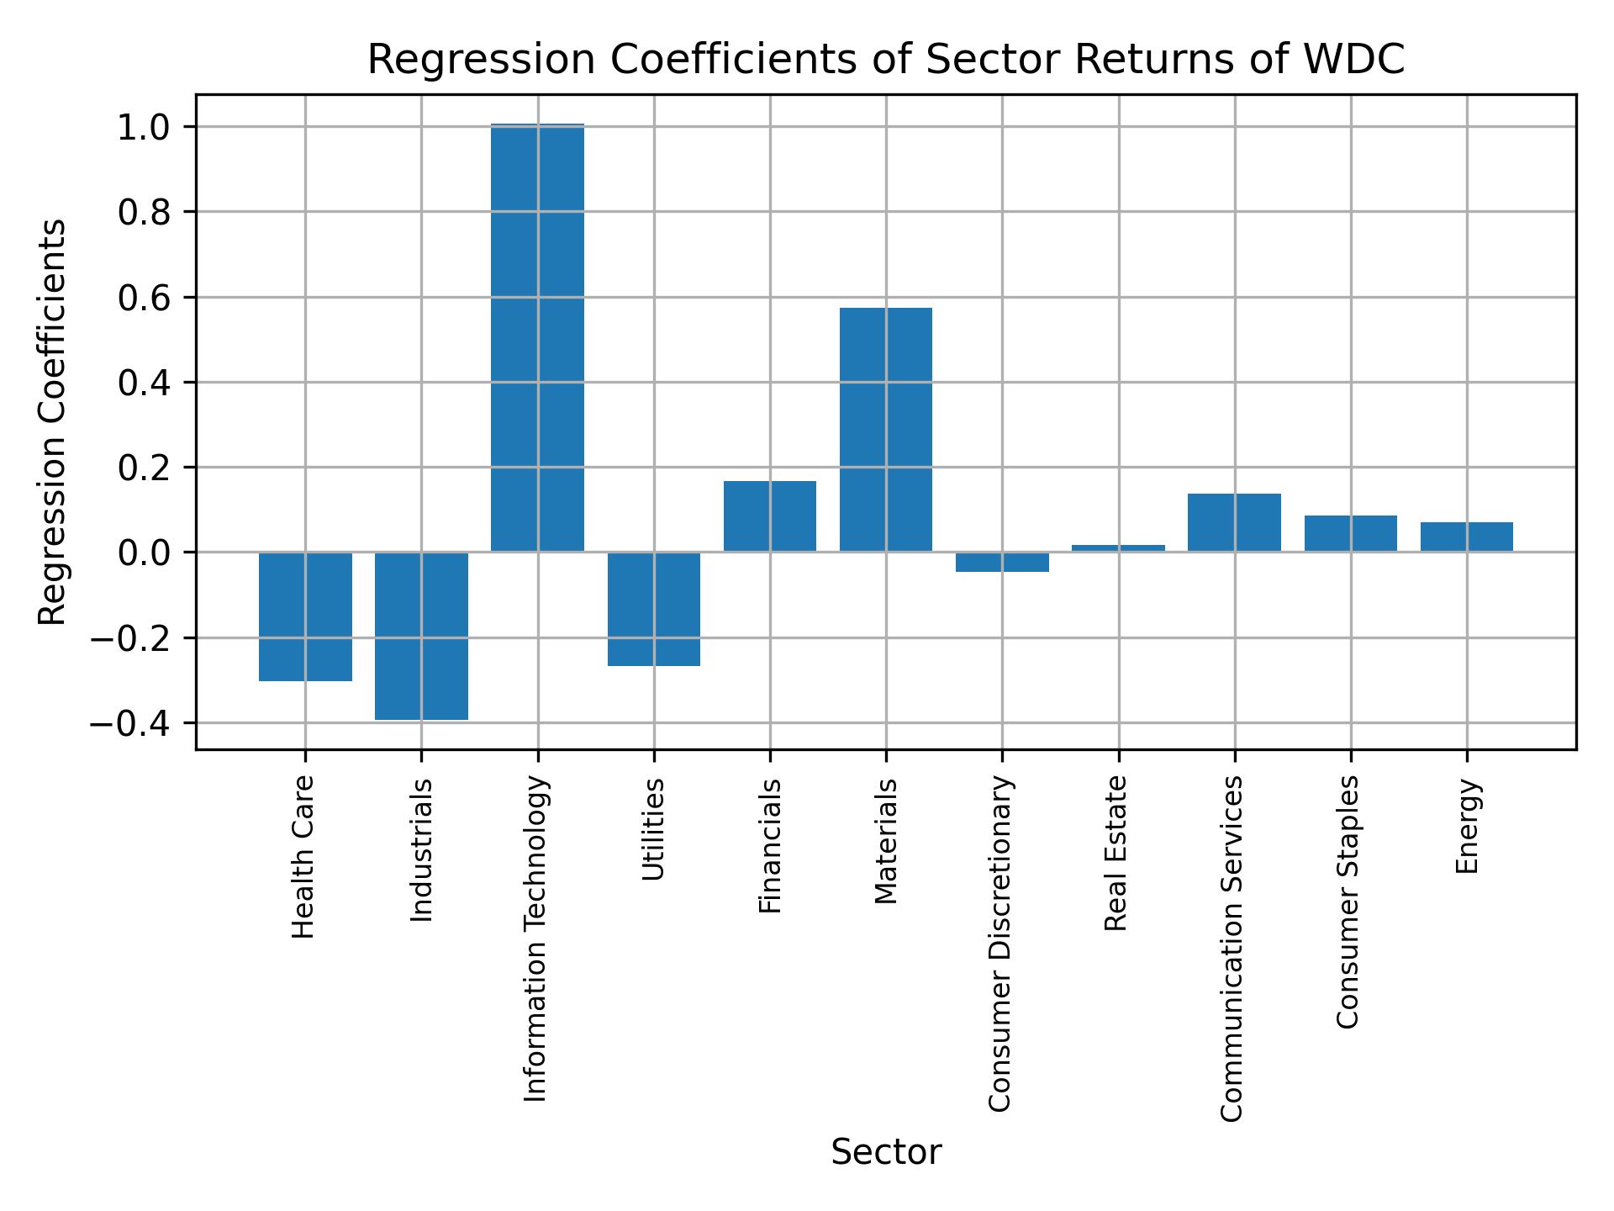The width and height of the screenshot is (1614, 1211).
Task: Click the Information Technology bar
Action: click(x=537, y=337)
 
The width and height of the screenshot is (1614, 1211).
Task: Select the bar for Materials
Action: click(x=885, y=429)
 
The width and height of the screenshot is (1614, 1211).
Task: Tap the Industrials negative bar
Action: click(x=421, y=636)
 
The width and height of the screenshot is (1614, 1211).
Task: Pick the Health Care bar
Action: click(x=305, y=616)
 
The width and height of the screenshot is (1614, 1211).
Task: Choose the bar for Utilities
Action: click(x=654, y=609)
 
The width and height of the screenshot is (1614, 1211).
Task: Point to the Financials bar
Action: click(x=769, y=516)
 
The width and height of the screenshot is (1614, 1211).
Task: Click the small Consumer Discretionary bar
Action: click(x=1002, y=562)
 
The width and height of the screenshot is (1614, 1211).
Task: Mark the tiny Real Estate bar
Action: click(x=1118, y=548)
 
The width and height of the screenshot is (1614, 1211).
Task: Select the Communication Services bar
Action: click(x=1234, y=522)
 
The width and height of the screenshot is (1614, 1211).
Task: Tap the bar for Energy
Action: click(x=1466, y=537)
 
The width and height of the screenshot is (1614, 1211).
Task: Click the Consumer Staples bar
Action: click(x=1350, y=533)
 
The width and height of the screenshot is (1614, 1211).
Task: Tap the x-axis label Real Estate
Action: click(x=1116, y=853)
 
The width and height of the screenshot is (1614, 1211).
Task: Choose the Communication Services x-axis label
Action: click(x=1232, y=948)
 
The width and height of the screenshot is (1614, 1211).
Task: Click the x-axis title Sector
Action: click(x=886, y=1152)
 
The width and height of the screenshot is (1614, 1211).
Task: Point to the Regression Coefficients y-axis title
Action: click(x=53, y=421)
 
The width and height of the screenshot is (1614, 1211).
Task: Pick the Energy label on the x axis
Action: click(x=1467, y=826)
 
